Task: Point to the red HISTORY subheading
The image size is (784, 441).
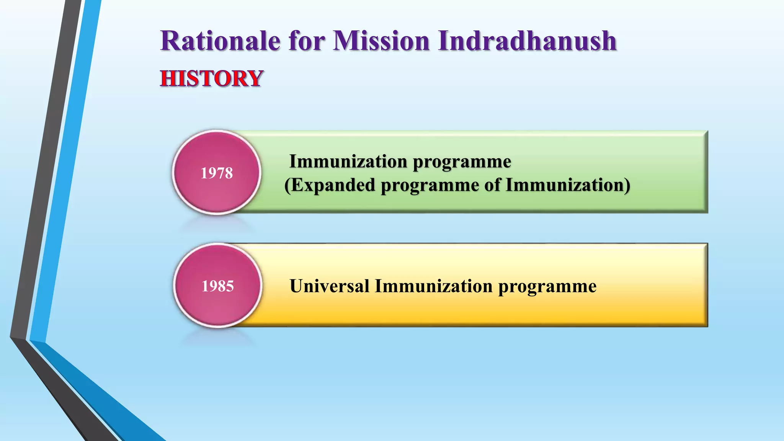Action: [x=211, y=78]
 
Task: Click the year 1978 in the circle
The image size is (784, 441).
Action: [x=217, y=173]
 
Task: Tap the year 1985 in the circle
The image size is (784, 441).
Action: [x=217, y=286]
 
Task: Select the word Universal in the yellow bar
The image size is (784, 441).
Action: [x=329, y=286]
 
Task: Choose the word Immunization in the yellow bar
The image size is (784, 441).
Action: [x=433, y=286]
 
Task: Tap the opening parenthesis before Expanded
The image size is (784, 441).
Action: [x=287, y=185]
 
